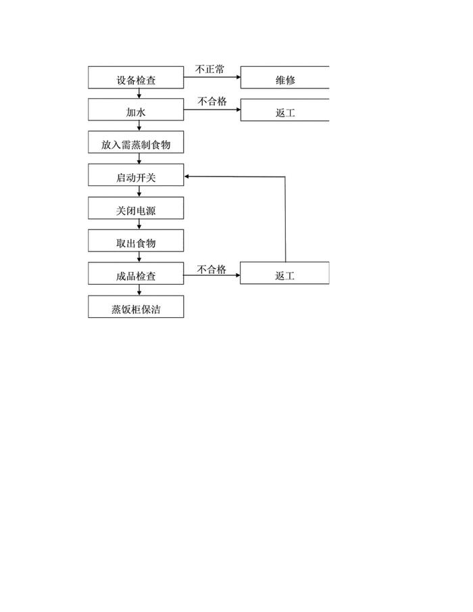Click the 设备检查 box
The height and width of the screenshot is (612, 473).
click(136, 78)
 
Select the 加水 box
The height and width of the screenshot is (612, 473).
click(136, 110)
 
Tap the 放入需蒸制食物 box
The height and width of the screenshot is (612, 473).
click(136, 143)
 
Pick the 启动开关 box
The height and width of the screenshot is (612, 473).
click(136, 176)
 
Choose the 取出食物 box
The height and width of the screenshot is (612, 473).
click(136, 241)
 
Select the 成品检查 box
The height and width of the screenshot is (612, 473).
click(136, 274)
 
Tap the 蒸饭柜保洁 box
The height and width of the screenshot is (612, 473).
click(136, 307)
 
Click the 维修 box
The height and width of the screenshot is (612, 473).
click(285, 78)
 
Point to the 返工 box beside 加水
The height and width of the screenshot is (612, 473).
click(285, 110)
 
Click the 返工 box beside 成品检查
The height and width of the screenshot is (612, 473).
click(285, 274)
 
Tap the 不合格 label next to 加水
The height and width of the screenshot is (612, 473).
click(211, 101)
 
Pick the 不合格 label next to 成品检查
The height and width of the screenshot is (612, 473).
click(211, 269)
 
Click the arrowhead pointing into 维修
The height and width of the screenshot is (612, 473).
click(238, 77)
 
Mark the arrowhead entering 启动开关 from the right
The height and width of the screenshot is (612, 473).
click(187, 176)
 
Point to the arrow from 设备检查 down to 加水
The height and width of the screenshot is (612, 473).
click(139, 93)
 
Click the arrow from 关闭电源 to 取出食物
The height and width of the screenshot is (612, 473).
click(139, 225)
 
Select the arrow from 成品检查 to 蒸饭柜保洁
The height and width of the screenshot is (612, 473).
click(139, 290)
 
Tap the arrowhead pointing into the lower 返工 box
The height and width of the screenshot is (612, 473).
click(237, 275)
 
